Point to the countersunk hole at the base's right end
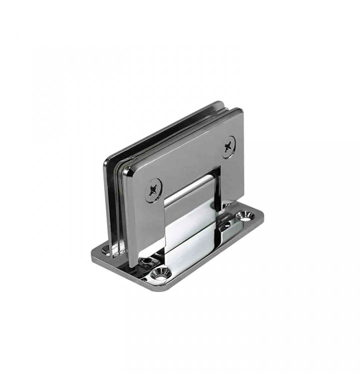coord(246,216)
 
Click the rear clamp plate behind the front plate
coord(112,200)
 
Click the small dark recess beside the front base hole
coord(146,261)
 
